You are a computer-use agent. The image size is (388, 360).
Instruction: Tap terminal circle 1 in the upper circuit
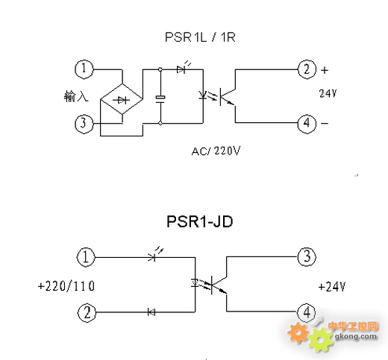(84, 69)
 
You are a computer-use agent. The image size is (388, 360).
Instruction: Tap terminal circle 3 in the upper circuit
(84, 124)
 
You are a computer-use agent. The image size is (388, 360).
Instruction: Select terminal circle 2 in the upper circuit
(307, 70)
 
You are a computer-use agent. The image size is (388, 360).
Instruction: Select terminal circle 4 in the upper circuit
(307, 124)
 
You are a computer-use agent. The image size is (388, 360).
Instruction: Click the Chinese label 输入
(76, 97)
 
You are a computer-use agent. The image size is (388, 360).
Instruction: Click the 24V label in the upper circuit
(328, 95)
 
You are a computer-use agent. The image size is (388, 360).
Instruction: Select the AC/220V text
(216, 151)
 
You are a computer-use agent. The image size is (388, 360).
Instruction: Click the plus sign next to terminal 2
(325, 70)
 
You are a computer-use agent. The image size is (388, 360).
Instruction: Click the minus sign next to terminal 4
(325, 123)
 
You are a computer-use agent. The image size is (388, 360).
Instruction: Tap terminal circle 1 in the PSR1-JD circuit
(87, 258)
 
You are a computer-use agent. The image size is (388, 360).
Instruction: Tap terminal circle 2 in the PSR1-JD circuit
(87, 312)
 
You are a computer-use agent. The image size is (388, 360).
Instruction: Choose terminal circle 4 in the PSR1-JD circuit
(306, 312)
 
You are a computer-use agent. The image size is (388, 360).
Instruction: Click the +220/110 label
(65, 285)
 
